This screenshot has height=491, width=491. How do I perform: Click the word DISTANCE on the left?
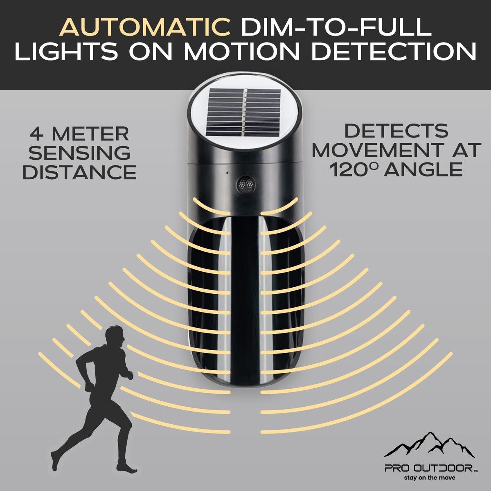tap(80, 172)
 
